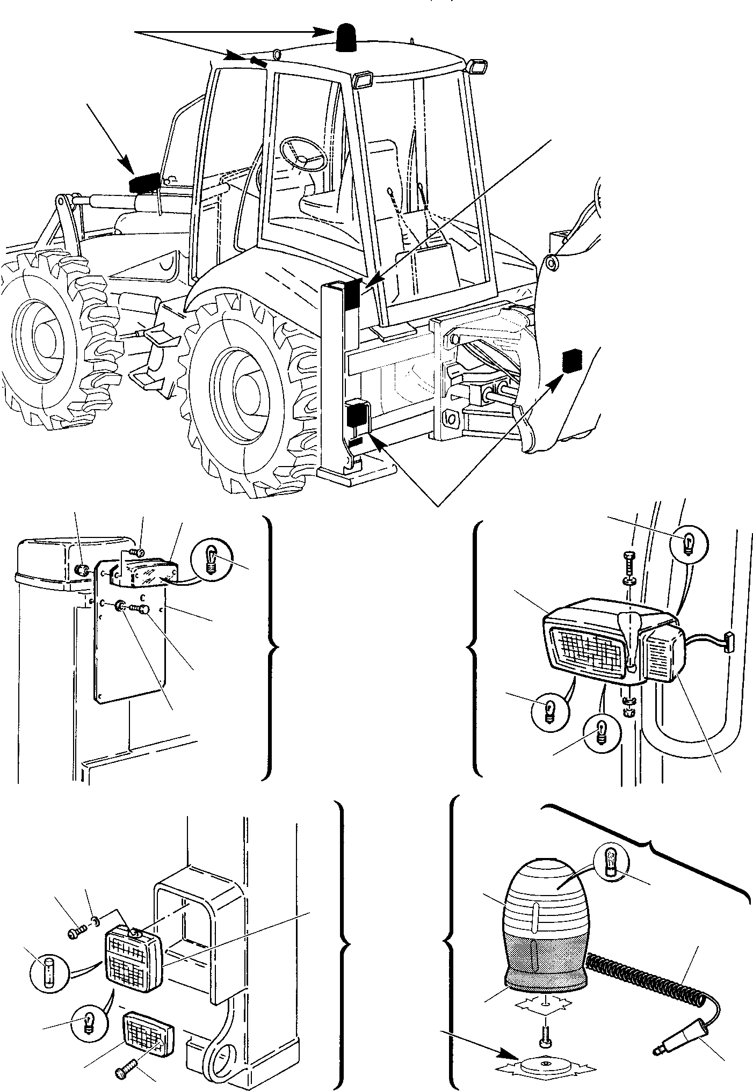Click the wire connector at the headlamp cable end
tap(728, 641)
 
